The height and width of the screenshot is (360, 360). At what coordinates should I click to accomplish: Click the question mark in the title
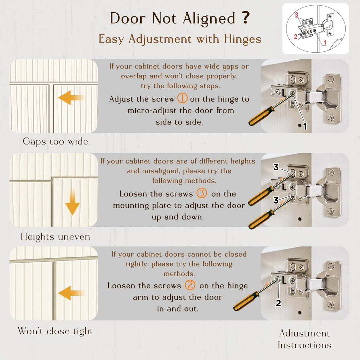[246, 18]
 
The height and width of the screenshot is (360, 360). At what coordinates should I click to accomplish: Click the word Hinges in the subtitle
[243, 39]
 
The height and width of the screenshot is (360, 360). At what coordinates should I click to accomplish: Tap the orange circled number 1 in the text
[182, 98]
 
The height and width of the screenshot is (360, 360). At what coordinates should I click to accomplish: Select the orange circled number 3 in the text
[201, 193]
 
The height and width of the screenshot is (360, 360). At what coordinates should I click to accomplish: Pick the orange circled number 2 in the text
[190, 285]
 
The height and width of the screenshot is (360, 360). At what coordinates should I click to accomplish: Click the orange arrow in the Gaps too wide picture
[71, 98]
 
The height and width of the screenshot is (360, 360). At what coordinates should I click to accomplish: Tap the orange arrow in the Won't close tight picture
[71, 293]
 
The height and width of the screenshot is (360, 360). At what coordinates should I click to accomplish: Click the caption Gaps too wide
[55, 142]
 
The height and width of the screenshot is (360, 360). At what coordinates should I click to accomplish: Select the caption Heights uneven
[55, 237]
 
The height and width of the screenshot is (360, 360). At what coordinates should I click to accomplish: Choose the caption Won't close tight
[55, 331]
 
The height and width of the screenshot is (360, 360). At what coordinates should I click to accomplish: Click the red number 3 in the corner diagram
[297, 15]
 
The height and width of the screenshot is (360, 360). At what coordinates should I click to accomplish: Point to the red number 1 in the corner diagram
[325, 43]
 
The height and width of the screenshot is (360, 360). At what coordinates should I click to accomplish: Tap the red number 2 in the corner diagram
[296, 37]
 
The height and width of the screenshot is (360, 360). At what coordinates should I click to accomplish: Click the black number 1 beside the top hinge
[305, 127]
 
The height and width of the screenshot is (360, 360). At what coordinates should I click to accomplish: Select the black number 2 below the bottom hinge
[278, 303]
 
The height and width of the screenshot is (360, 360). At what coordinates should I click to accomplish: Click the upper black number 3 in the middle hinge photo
[276, 167]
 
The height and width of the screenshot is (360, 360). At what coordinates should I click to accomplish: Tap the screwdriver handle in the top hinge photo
[261, 116]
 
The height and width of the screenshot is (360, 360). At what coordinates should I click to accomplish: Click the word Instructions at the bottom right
[304, 345]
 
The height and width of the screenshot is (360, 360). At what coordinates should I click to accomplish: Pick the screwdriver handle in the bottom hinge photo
[246, 301]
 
